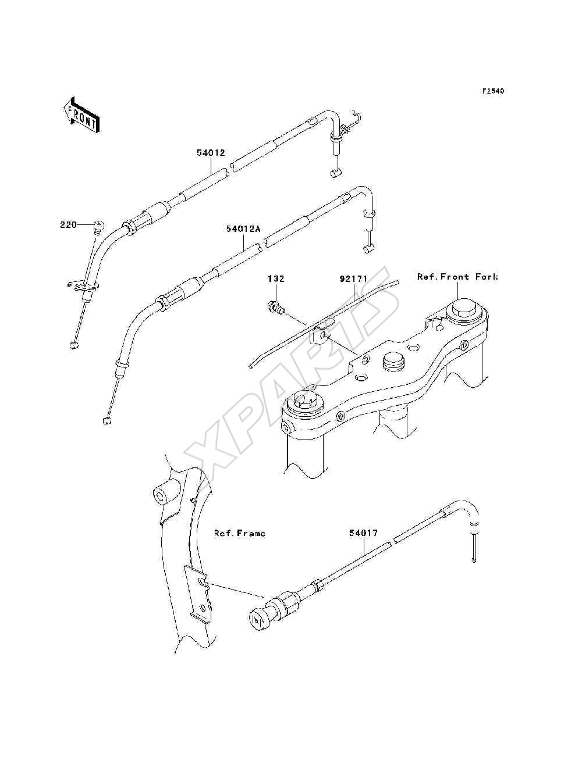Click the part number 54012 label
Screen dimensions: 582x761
pyautogui.click(x=211, y=152)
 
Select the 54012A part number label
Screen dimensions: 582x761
pyautogui.click(x=243, y=229)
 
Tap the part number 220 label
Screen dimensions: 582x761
pyautogui.click(x=68, y=225)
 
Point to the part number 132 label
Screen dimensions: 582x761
pyautogui.click(x=276, y=278)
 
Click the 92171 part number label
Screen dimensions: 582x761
pyautogui.click(x=353, y=278)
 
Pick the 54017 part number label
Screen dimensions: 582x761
pyautogui.click(x=363, y=533)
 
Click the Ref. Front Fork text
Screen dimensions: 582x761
pyautogui.click(x=457, y=277)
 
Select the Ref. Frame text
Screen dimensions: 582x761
pyautogui.click(x=239, y=533)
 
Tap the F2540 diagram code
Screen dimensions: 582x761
pyautogui.click(x=493, y=91)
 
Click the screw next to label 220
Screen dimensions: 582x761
pyautogui.click(x=98, y=227)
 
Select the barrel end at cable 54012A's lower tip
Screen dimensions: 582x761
pyautogui.click(x=107, y=421)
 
